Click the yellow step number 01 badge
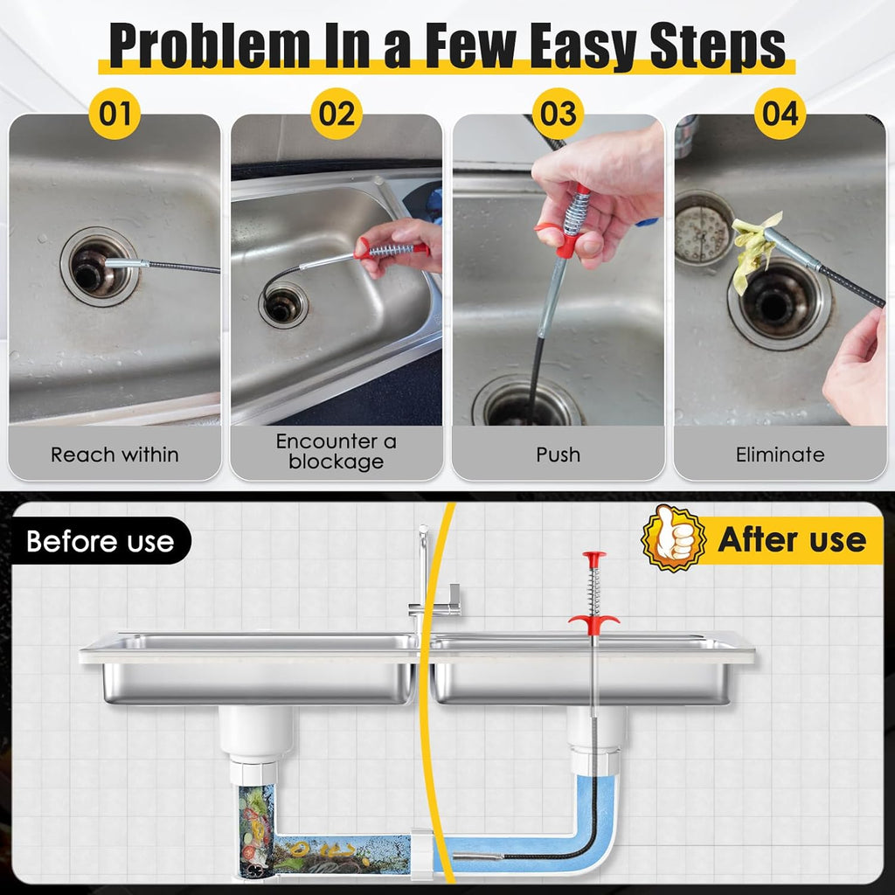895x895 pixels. click(114, 114)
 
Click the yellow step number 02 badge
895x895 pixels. click(336, 114)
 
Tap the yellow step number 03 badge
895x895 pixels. click(559, 114)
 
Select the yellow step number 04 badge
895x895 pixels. click(780, 114)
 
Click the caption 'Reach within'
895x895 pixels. click(114, 454)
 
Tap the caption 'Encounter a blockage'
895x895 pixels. click(336, 452)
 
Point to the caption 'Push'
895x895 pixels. click(559, 454)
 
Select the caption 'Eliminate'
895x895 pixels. click(780, 454)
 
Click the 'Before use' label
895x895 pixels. click(100, 541)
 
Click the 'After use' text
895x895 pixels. click(792, 539)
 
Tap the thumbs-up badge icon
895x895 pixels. click(672, 538)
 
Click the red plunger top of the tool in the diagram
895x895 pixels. click(594, 557)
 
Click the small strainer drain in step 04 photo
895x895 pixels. click(704, 229)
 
